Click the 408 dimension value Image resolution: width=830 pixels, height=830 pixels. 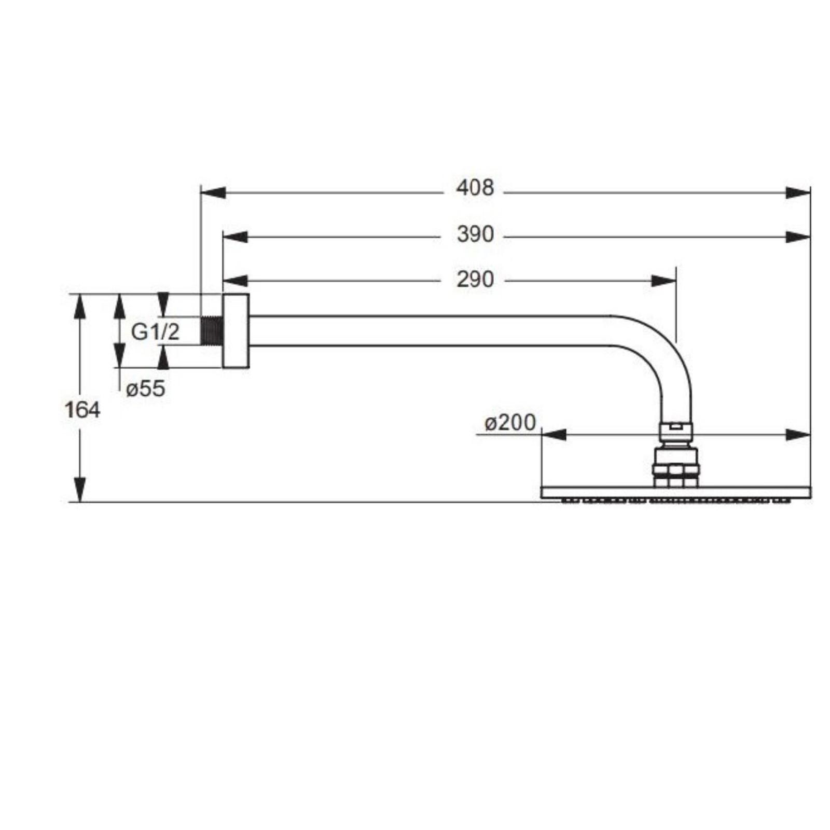pos(475,188)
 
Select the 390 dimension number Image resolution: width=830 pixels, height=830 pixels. pos(475,234)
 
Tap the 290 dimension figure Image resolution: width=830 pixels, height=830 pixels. pos(475,280)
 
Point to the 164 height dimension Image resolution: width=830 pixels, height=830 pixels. pos(82,410)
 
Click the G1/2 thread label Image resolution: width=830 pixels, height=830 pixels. pos(155,331)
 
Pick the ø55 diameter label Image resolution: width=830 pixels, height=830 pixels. pos(146,388)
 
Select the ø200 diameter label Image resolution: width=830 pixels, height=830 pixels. pos(510,423)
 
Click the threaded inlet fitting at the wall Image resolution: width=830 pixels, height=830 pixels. pos(211,330)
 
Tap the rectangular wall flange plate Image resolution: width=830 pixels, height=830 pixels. pos(236,331)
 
